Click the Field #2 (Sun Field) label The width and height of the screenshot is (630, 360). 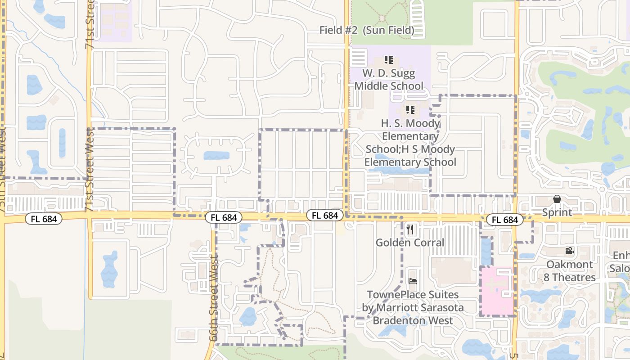click(366, 30)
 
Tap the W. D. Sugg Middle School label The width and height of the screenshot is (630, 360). click(389, 80)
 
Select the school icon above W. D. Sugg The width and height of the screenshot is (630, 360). click(389, 59)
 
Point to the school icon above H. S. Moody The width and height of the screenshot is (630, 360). click(410, 109)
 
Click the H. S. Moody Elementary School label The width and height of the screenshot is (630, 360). click(410, 143)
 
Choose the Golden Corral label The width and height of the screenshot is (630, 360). click(410, 243)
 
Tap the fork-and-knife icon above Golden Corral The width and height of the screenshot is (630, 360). click(410, 229)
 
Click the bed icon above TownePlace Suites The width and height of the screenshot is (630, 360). click(413, 281)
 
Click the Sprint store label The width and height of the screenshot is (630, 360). click(557, 212)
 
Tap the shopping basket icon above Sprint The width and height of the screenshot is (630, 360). click(557, 199)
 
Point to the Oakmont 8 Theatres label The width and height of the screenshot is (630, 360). click(570, 271)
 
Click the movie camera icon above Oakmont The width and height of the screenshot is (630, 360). click(570, 251)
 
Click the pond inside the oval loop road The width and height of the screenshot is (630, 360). click(216, 156)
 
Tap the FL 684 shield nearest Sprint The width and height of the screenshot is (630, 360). click(504, 220)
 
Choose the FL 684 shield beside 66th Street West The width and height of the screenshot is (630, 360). click(224, 218)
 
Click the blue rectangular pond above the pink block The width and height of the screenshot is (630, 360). click(486, 252)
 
